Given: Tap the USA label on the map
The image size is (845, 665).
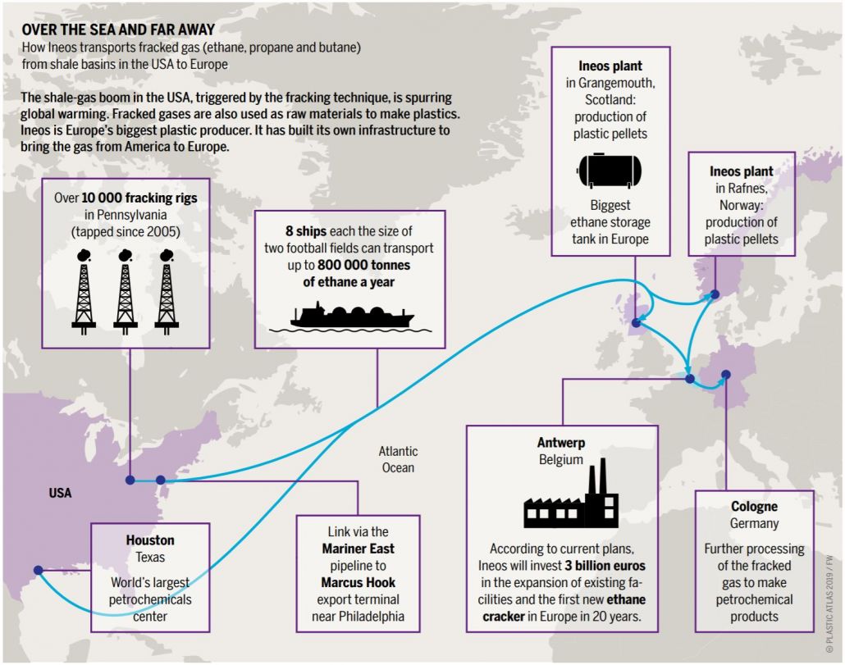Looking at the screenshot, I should tap(60, 494).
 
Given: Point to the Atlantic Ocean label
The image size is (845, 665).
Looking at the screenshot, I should tap(398, 459).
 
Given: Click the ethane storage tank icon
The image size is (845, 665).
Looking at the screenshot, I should tap(610, 169).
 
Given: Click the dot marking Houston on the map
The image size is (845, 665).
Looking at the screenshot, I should tap(38, 570).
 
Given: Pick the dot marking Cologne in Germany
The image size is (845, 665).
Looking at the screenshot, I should tap(725, 376).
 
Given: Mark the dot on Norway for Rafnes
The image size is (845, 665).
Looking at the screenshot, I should tap(715, 294).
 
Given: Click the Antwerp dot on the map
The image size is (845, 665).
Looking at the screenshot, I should tap(690, 379).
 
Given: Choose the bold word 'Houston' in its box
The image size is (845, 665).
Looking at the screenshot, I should tap(150, 540).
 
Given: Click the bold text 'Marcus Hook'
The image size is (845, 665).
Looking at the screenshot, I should tap(358, 582).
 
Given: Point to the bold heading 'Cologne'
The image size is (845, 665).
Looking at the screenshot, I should tap(754, 507).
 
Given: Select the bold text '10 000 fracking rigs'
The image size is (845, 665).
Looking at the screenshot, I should tap(139, 198).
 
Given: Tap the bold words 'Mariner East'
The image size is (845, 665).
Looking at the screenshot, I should tap(358, 548).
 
